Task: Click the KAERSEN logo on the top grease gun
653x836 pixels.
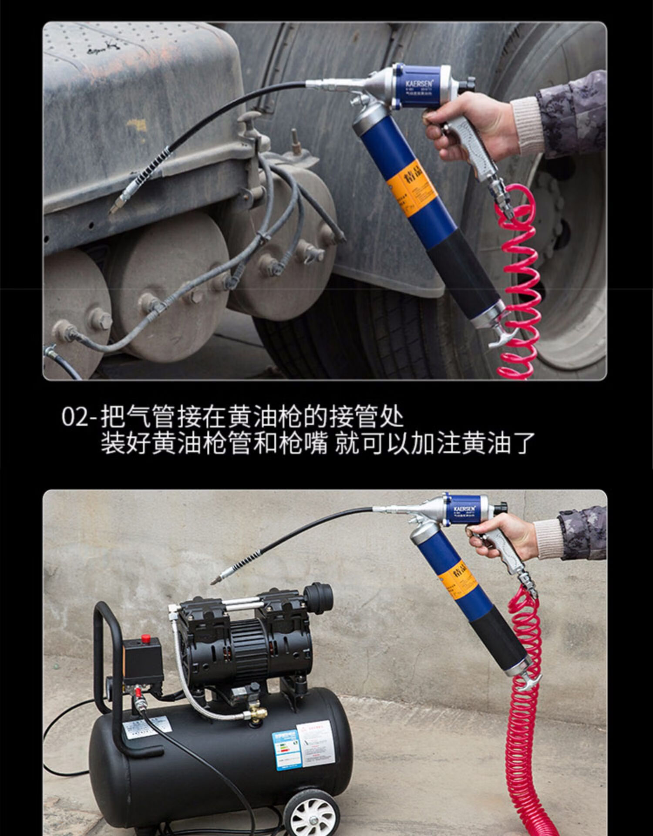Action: click(x=418, y=81)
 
